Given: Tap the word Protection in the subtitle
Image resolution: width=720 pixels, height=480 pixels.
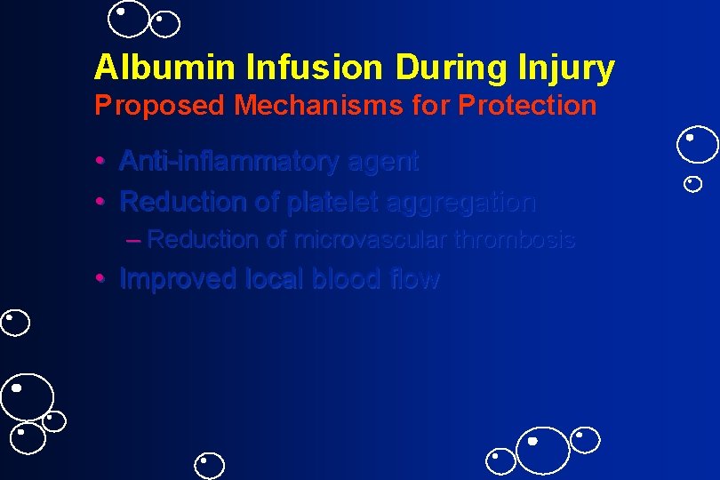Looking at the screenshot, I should coord(528,105).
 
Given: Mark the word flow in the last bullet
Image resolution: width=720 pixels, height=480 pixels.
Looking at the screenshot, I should coord(415,279).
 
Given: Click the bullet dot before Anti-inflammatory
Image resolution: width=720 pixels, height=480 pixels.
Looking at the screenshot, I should coord(102,162).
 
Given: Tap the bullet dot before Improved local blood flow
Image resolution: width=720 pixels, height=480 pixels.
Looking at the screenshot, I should coord(102,279).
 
